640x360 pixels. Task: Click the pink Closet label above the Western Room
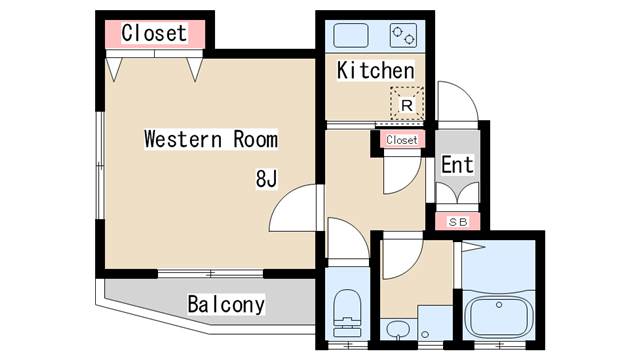[x=154, y=33]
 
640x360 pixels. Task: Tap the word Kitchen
[x=374, y=71]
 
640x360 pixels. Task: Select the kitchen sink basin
[x=351, y=35]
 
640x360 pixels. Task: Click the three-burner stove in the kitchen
[x=403, y=35]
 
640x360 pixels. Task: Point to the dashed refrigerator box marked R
[x=407, y=103]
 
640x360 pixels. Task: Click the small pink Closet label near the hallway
[x=401, y=140]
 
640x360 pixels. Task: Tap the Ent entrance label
[x=457, y=165]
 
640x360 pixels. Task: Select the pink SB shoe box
[x=457, y=220]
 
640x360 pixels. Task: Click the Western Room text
[x=210, y=139]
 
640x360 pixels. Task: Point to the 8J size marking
[x=266, y=179]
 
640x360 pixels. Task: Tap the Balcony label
[x=226, y=304]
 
